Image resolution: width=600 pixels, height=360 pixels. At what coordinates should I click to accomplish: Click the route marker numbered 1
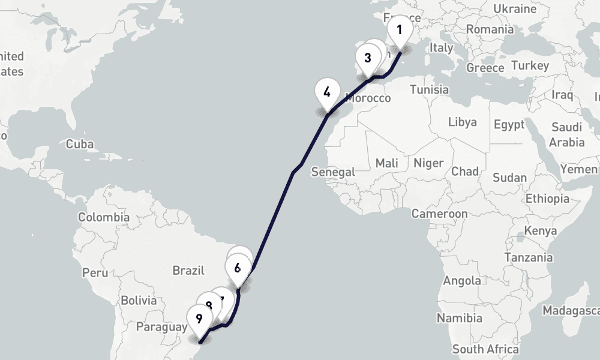[x=400, y=30]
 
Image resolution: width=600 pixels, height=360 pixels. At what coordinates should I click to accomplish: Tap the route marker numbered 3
[x=367, y=59]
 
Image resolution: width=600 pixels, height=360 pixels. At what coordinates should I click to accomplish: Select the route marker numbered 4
[x=327, y=93]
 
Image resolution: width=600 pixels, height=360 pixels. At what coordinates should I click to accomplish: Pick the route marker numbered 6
[x=238, y=268]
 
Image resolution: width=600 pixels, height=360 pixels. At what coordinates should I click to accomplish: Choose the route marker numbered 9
[x=199, y=319]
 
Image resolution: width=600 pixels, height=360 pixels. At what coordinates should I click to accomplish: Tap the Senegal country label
[x=334, y=172]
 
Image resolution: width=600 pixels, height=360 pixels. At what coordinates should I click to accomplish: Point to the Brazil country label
[x=188, y=271]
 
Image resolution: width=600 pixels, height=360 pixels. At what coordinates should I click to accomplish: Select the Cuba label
[x=80, y=144]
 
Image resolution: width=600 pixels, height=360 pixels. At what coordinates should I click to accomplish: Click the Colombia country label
[x=104, y=217]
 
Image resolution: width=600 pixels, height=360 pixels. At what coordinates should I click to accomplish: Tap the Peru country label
[x=95, y=272]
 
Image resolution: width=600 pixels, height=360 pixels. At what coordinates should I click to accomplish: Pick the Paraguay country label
[x=162, y=327]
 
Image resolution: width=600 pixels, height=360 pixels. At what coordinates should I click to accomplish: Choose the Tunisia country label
[x=430, y=89]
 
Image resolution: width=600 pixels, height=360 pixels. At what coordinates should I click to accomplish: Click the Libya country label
[x=463, y=122]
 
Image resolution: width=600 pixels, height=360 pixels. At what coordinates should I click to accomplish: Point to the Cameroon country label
[x=439, y=214]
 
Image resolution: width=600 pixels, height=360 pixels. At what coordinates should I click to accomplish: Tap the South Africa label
[x=485, y=349]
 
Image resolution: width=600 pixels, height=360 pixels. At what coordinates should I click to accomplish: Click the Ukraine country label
[x=514, y=8]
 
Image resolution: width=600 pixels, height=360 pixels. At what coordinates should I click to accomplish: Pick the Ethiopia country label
[x=547, y=199]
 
